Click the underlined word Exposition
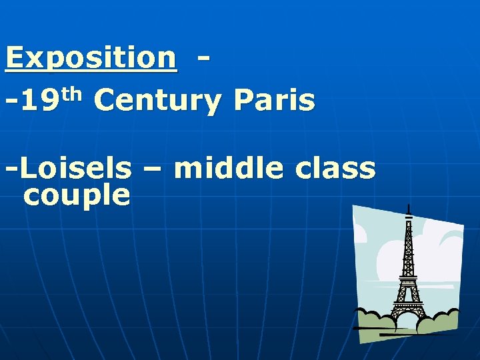(91, 58)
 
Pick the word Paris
(274, 102)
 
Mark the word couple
(76, 196)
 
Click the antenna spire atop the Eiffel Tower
(408, 212)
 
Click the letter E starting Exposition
(15, 58)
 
